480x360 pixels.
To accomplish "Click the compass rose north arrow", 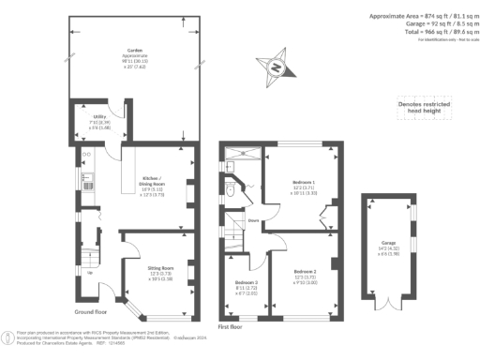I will [x=276, y=67].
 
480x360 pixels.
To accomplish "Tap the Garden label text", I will [x=135, y=52].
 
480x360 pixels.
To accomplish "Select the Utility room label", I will [x=86, y=117].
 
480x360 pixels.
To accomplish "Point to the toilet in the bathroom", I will [x=231, y=190].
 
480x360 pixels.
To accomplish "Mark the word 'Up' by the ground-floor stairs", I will [x=88, y=274].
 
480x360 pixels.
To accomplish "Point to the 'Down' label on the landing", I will [x=252, y=221].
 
